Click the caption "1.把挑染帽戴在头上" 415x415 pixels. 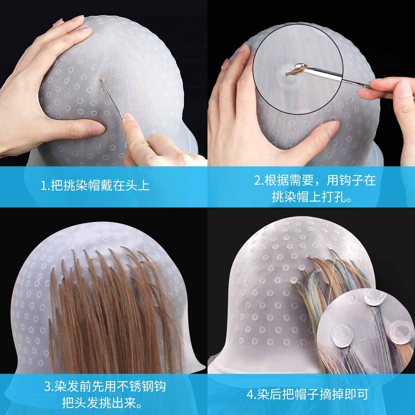[x=95, y=186]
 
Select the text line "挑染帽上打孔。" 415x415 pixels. [x=311, y=197]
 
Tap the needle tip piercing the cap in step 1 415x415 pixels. [x=100, y=80]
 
